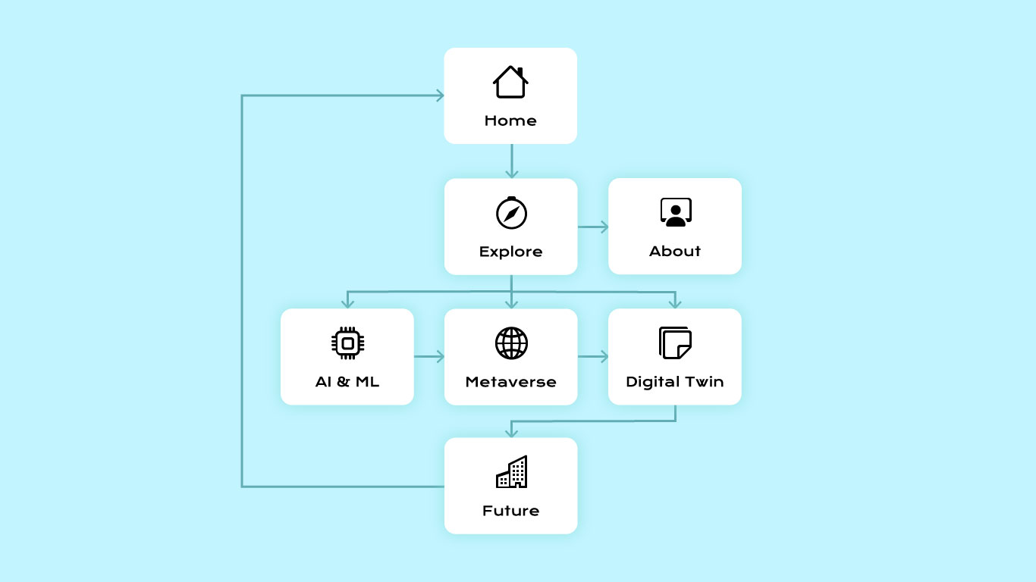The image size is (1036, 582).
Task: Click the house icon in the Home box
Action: coord(510,82)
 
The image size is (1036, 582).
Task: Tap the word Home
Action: coord(510,120)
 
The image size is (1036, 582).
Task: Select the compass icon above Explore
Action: coord(511,213)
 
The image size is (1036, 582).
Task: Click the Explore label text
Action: coord(510,252)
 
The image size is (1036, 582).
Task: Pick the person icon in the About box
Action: coord(676,212)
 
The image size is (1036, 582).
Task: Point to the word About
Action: coord(675,251)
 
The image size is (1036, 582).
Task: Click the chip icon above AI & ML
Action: coord(348,343)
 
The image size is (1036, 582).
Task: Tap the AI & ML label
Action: coord(347,382)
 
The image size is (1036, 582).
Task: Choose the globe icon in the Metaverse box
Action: coord(511,343)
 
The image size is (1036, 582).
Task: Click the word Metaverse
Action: coord(510,382)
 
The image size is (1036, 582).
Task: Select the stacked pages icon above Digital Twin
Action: coord(675,343)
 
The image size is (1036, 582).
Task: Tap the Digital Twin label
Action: coord(675,382)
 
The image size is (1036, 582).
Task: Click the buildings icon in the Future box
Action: coord(511,471)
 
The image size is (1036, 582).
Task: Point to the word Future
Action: coord(510,511)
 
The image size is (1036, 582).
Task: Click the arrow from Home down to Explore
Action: coord(511,161)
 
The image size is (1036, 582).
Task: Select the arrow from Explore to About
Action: coord(593,227)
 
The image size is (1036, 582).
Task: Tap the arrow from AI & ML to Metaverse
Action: coord(429,356)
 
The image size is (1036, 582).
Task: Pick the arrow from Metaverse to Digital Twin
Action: coord(593,356)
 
